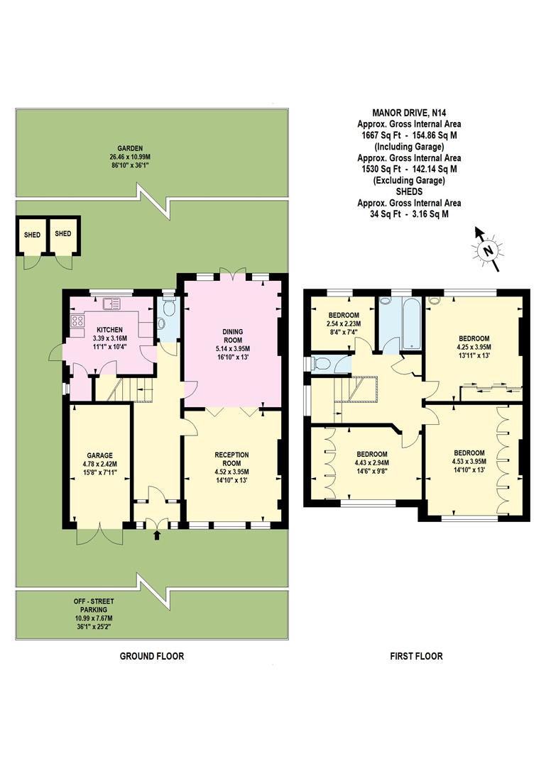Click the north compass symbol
tap(487, 249)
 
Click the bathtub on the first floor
tap(411, 323)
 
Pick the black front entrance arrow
tap(157, 534)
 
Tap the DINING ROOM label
tap(234, 340)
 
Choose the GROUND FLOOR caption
tap(151, 656)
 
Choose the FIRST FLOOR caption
tap(416, 656)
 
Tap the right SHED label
tap(64, 234)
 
